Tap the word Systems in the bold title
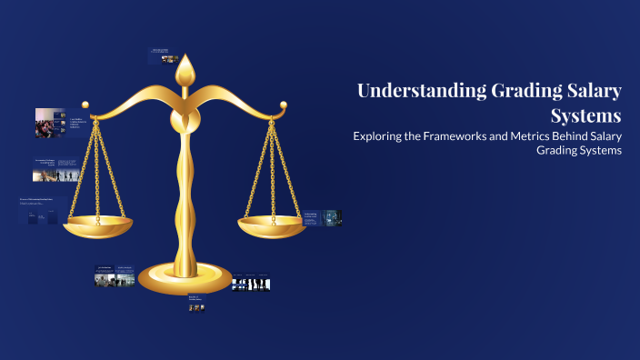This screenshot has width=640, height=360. [586, 116]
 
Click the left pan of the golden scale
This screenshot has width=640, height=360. [98, 224]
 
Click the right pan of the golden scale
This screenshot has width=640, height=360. [270, 224]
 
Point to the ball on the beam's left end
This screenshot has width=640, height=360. [86, 105]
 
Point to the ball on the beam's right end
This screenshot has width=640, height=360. [284, 105]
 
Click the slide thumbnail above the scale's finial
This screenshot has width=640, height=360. [163, 56]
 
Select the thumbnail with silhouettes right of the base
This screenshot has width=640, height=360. [251, 284]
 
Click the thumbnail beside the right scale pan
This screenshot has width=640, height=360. [323, 217]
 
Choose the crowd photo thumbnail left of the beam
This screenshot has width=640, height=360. [50, 123]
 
